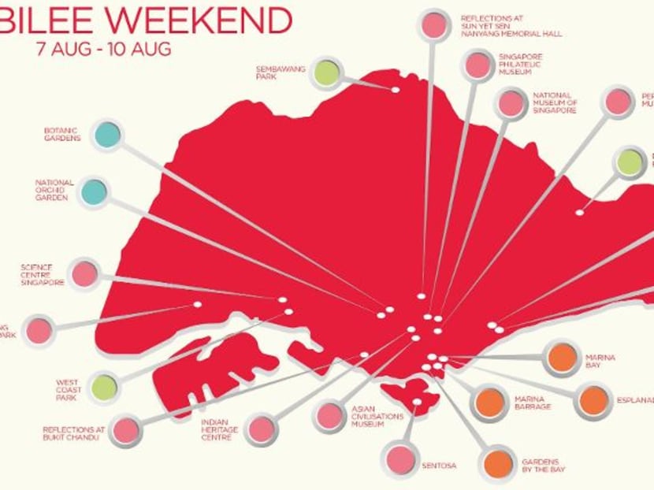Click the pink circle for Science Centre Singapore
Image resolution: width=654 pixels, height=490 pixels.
pyautogui.click(x=84, y=273)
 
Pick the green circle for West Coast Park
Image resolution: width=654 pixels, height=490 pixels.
pyautogui.click(x=104, y=387)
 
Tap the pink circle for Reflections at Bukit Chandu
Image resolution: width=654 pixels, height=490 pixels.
pyautogui.click(x=125, y=430)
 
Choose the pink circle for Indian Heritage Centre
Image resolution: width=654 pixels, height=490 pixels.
pyautogui.click(x=260, y=429)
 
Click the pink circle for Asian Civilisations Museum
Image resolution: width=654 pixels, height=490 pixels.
pyautogui.click(x=329, y=416)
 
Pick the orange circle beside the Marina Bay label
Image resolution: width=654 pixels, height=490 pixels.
pyautogui.click(x=563, y=358)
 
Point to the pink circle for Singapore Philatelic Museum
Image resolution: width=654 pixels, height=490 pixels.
pyautogui.click(x=477, y=65)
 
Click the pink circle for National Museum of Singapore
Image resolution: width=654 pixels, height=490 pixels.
pyautogui.click(x=511, y=103)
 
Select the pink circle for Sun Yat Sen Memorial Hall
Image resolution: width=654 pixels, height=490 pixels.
pyautogui.click(x=433, y=25)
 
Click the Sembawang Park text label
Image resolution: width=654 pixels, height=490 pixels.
pyautogui.click(x=273, y=72)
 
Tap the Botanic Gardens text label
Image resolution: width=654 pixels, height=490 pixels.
pyautogui.click(x=62, y=135)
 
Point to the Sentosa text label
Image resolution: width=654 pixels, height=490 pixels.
pyautogui.click(x=439, y=466)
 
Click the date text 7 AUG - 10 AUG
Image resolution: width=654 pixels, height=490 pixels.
pyautogui.click(x=102, y=47)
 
